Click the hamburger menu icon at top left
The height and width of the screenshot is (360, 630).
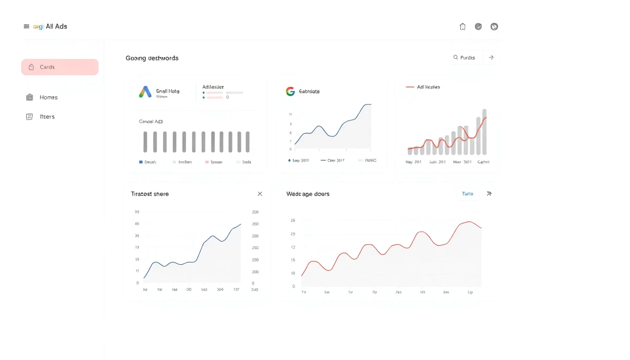(26, 27)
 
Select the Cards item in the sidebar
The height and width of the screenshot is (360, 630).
(60, 67)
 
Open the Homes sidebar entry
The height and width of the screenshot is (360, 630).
(48, 97)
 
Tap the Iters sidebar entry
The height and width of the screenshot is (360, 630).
(46, 117)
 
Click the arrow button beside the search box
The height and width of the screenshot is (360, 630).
(491, 58)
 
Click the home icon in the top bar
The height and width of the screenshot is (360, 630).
(463, 27)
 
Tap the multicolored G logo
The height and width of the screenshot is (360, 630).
(290, 91)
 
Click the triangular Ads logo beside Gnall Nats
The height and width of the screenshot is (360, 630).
(145, 92)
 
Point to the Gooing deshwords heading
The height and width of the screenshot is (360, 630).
(152, 58)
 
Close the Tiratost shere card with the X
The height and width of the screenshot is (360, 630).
(260, 194)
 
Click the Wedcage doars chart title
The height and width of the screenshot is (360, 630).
(307, 194)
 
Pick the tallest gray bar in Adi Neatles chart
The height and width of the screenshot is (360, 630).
(484, 132)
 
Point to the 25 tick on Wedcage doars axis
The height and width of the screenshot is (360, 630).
(293, 220)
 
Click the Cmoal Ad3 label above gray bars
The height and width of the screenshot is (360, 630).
(150, 121)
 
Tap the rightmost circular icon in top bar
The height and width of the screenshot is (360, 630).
(494, 27)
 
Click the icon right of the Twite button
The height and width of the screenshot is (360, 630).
(489, 194)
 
